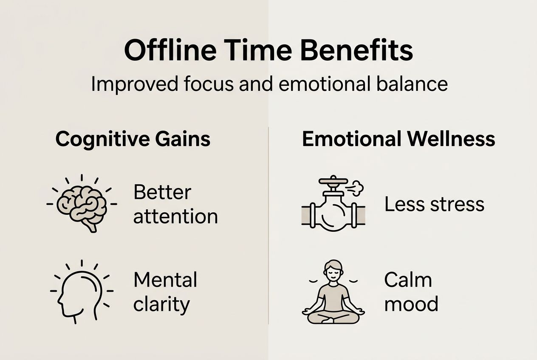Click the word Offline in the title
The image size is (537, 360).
(170, 50)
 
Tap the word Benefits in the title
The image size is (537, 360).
(357, 50)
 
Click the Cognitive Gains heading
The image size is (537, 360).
(133, 139)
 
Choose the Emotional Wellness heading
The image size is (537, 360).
(399, 139)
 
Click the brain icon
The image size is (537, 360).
(82, 204)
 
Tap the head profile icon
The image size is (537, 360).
(82, 292)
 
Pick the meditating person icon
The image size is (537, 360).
(333, 292)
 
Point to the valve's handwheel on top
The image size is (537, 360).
(333, 180)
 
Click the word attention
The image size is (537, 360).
(175, 217)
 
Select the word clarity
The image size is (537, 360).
(161, 304)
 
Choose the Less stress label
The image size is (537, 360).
(434, 204)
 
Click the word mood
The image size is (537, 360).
(411, 304)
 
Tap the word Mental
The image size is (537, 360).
(165, 279)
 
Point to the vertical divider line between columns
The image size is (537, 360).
(268, 225)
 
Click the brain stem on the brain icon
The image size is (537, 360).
(91, 227)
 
